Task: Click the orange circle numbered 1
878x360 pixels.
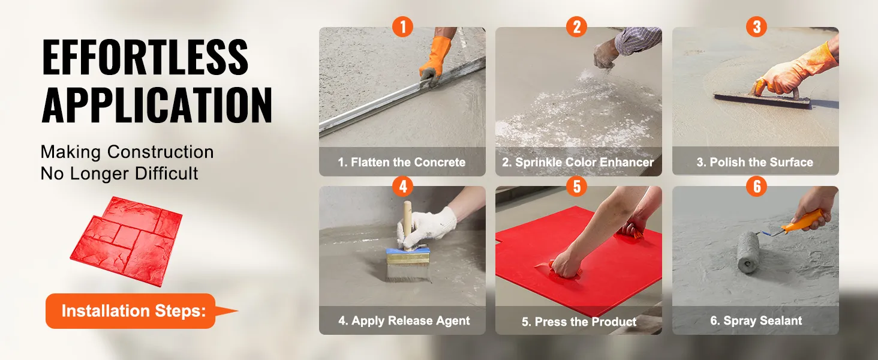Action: point(402,26)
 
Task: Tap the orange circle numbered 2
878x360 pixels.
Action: point(576,26)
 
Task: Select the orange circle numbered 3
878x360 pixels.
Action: point(756,26)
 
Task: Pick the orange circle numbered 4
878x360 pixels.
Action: point(402,186)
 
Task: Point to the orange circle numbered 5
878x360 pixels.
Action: point(576,186)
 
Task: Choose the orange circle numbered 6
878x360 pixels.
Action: point(756,186)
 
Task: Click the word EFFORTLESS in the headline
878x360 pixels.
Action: point(145,57)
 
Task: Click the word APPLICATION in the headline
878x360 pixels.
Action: point(157,105)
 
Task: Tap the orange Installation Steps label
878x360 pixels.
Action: point(133,311)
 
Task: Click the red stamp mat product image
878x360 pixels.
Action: point(127,241)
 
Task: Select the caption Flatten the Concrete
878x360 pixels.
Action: point(402,162)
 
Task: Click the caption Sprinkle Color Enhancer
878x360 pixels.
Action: point(578,162)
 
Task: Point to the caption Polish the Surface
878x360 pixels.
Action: point(755,162)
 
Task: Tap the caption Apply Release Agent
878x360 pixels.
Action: point(404,320)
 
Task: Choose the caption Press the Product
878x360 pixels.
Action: point(579,322)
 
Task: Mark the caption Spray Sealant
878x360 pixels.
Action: point(756,320)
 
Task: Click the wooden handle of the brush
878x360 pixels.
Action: point(408,224)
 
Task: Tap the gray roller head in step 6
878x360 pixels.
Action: point(748,252)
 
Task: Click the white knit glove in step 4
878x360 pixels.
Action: point(425,227)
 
